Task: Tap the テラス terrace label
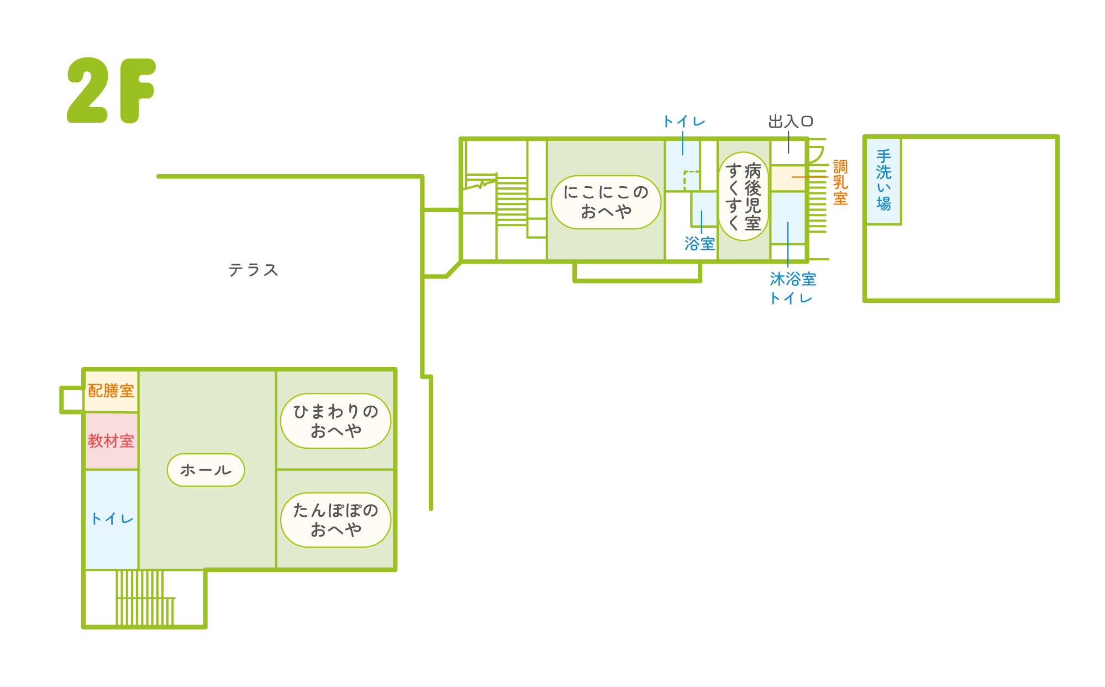253,270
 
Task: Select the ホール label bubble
206,470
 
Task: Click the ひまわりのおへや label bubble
335,421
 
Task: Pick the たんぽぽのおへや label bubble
335,520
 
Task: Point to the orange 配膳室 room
111,391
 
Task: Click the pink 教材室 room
111,441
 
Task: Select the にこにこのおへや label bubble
606,202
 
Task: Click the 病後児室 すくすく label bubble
744,196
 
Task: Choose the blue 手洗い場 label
883,180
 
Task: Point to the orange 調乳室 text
840,182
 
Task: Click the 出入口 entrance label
791,122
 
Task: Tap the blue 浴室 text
699,244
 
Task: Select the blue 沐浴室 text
793,279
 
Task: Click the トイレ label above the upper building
684,122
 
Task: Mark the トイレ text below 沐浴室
791,298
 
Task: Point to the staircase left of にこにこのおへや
511,201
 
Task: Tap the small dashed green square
691,180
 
